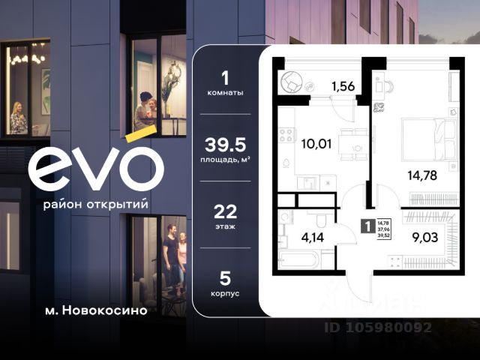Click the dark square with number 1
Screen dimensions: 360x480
[x=367, y=223]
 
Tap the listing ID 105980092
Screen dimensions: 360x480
[x=378, y=327]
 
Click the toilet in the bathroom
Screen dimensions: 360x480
[x=319, y=220]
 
